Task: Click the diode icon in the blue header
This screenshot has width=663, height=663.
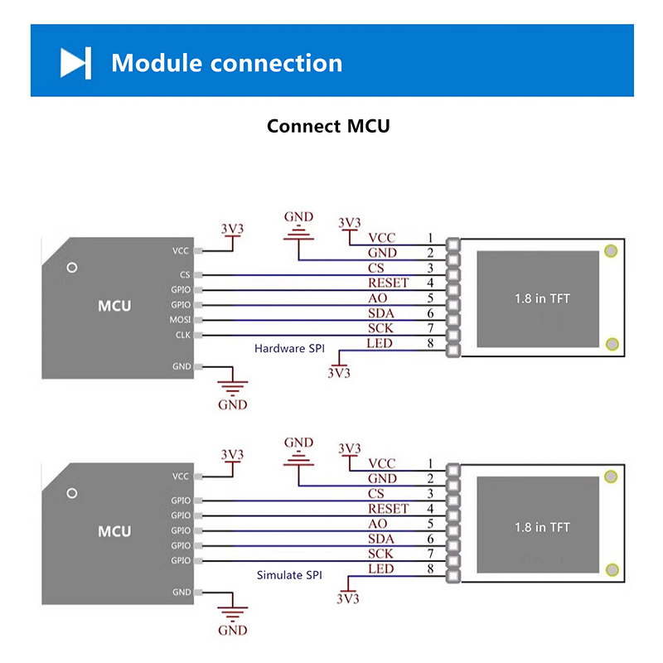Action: [x=75, y=63]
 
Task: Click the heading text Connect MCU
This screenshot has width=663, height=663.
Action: [x=328, y=127]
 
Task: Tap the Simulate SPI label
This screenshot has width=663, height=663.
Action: [x=289, y=575]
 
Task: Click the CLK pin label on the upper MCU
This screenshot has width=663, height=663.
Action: [x=182, y=335]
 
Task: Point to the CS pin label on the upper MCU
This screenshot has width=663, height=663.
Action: [x=184, y=274]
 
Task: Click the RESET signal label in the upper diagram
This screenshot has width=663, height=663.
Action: [x=388, y=283]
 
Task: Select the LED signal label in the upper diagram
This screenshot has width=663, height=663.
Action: [x=380, y=343]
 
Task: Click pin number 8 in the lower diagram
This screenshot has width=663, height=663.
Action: [x=430, y=569]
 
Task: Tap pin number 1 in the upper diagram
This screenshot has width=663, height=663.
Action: [x=430, y=238]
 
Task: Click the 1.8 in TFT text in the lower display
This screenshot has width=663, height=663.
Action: [x=542, y=527]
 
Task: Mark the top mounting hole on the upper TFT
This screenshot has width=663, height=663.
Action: [x=612, y=251]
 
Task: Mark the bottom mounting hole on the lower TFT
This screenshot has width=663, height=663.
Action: [x=612, y=569]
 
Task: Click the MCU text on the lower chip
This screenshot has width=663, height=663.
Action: [x=114, y=531]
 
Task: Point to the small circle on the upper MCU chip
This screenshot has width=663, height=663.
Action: [x=72, y=268]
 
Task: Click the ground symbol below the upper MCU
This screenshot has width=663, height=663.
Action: [x=233, y=386]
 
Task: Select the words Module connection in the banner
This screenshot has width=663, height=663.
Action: [x=226, y=63]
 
